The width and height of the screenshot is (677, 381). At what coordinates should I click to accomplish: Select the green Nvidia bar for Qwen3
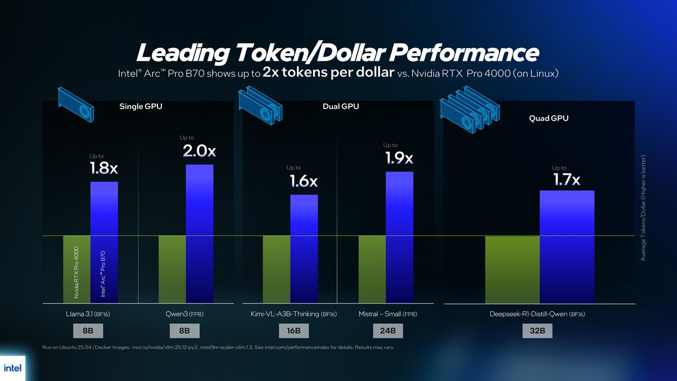(172, 269)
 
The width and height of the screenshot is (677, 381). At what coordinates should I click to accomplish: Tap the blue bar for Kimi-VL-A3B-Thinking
(304, 248)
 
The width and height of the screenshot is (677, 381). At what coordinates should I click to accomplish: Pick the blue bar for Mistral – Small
(400, 237)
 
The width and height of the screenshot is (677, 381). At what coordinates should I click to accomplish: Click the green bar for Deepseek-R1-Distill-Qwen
(512, 269)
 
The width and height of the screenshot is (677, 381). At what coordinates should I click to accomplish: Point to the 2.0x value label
(199, 151)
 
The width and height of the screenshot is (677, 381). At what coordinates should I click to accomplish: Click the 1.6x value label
(304, 181)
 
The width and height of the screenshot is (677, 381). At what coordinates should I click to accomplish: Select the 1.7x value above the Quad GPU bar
(566, 180)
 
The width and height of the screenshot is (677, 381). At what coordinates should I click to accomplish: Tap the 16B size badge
(294, 331)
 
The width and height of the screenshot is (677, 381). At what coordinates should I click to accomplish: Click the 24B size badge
(388, 331)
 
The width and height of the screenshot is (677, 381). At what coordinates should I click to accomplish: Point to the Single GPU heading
(139, 107)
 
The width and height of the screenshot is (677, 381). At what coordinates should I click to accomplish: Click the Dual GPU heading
(341, 107)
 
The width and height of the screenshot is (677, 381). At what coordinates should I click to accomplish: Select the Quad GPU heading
(549, 118)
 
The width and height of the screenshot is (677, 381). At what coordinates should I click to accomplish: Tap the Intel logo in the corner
(12, 368)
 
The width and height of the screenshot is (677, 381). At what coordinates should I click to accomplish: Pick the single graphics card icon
(75, 104)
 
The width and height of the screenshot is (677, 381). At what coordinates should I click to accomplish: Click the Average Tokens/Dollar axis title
(643, 207)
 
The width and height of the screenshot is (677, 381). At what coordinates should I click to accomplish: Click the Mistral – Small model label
(387, 314)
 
